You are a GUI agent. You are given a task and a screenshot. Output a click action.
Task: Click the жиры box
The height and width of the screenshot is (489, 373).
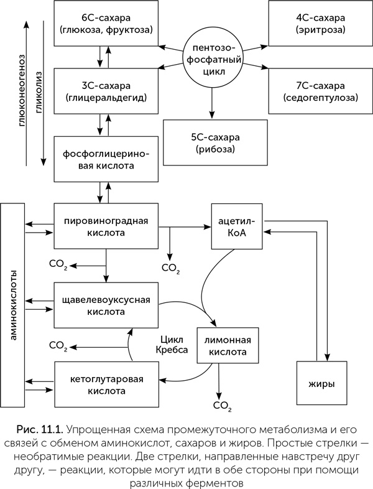pyautogui.click(x=320, y=384)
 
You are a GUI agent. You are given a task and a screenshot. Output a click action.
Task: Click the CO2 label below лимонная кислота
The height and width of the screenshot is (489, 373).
pyautogui.click(x=222, y=407)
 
